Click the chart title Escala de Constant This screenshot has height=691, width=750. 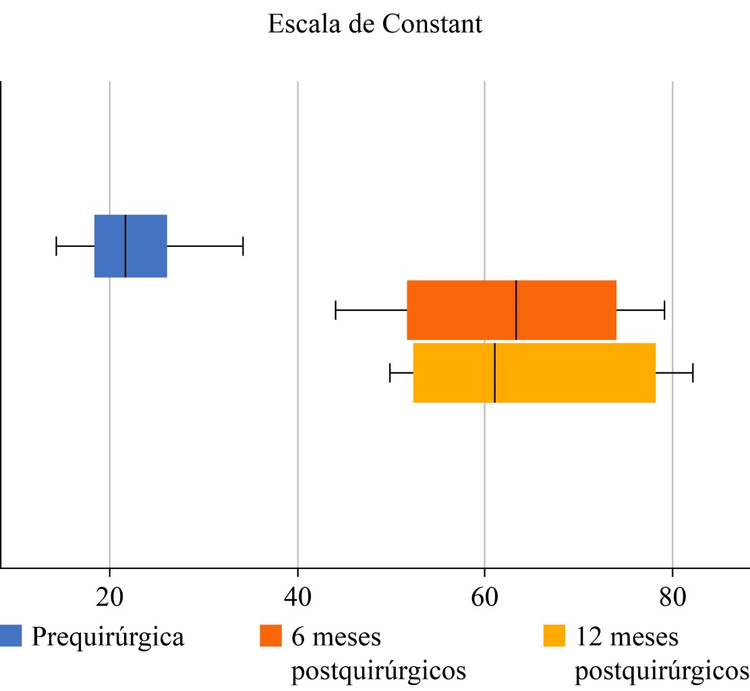pyautogui.click(x=375, y=24)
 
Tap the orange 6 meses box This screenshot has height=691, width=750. pyautogui.click(x=567, y=310)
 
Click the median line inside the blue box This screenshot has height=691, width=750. pyautogui.click(x=125, y=246)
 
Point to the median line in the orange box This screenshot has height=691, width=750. pyautogui.click(x=516, y=310)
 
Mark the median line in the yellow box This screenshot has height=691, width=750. pyautogui.click(x=495, y=372)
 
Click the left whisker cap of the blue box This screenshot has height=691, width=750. pyautogui.click(x=56, y=246)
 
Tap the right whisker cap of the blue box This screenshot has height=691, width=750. pyautogui.click(x=243, y=246)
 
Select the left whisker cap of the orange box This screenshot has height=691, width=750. pyautogui.click(x=335, y=310)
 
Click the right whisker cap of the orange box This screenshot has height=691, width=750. pyautogui.click(x=664, y=310)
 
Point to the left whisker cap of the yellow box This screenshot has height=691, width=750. pyautogui.click(x=390, y=372)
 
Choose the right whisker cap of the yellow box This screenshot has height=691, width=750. pyautogui.click(x=693, y=372)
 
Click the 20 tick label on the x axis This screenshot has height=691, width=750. pyautogui.click(x=109, y=598)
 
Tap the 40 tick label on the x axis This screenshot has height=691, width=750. pyautogui.click(x=297, y=598)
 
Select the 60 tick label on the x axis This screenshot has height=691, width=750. pyautogui.click(x=484, y=598)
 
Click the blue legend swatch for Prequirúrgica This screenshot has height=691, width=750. pyautogui.click(x=11, y=636)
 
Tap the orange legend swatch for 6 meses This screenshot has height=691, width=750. pyautogui.click(x=270, y=636)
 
